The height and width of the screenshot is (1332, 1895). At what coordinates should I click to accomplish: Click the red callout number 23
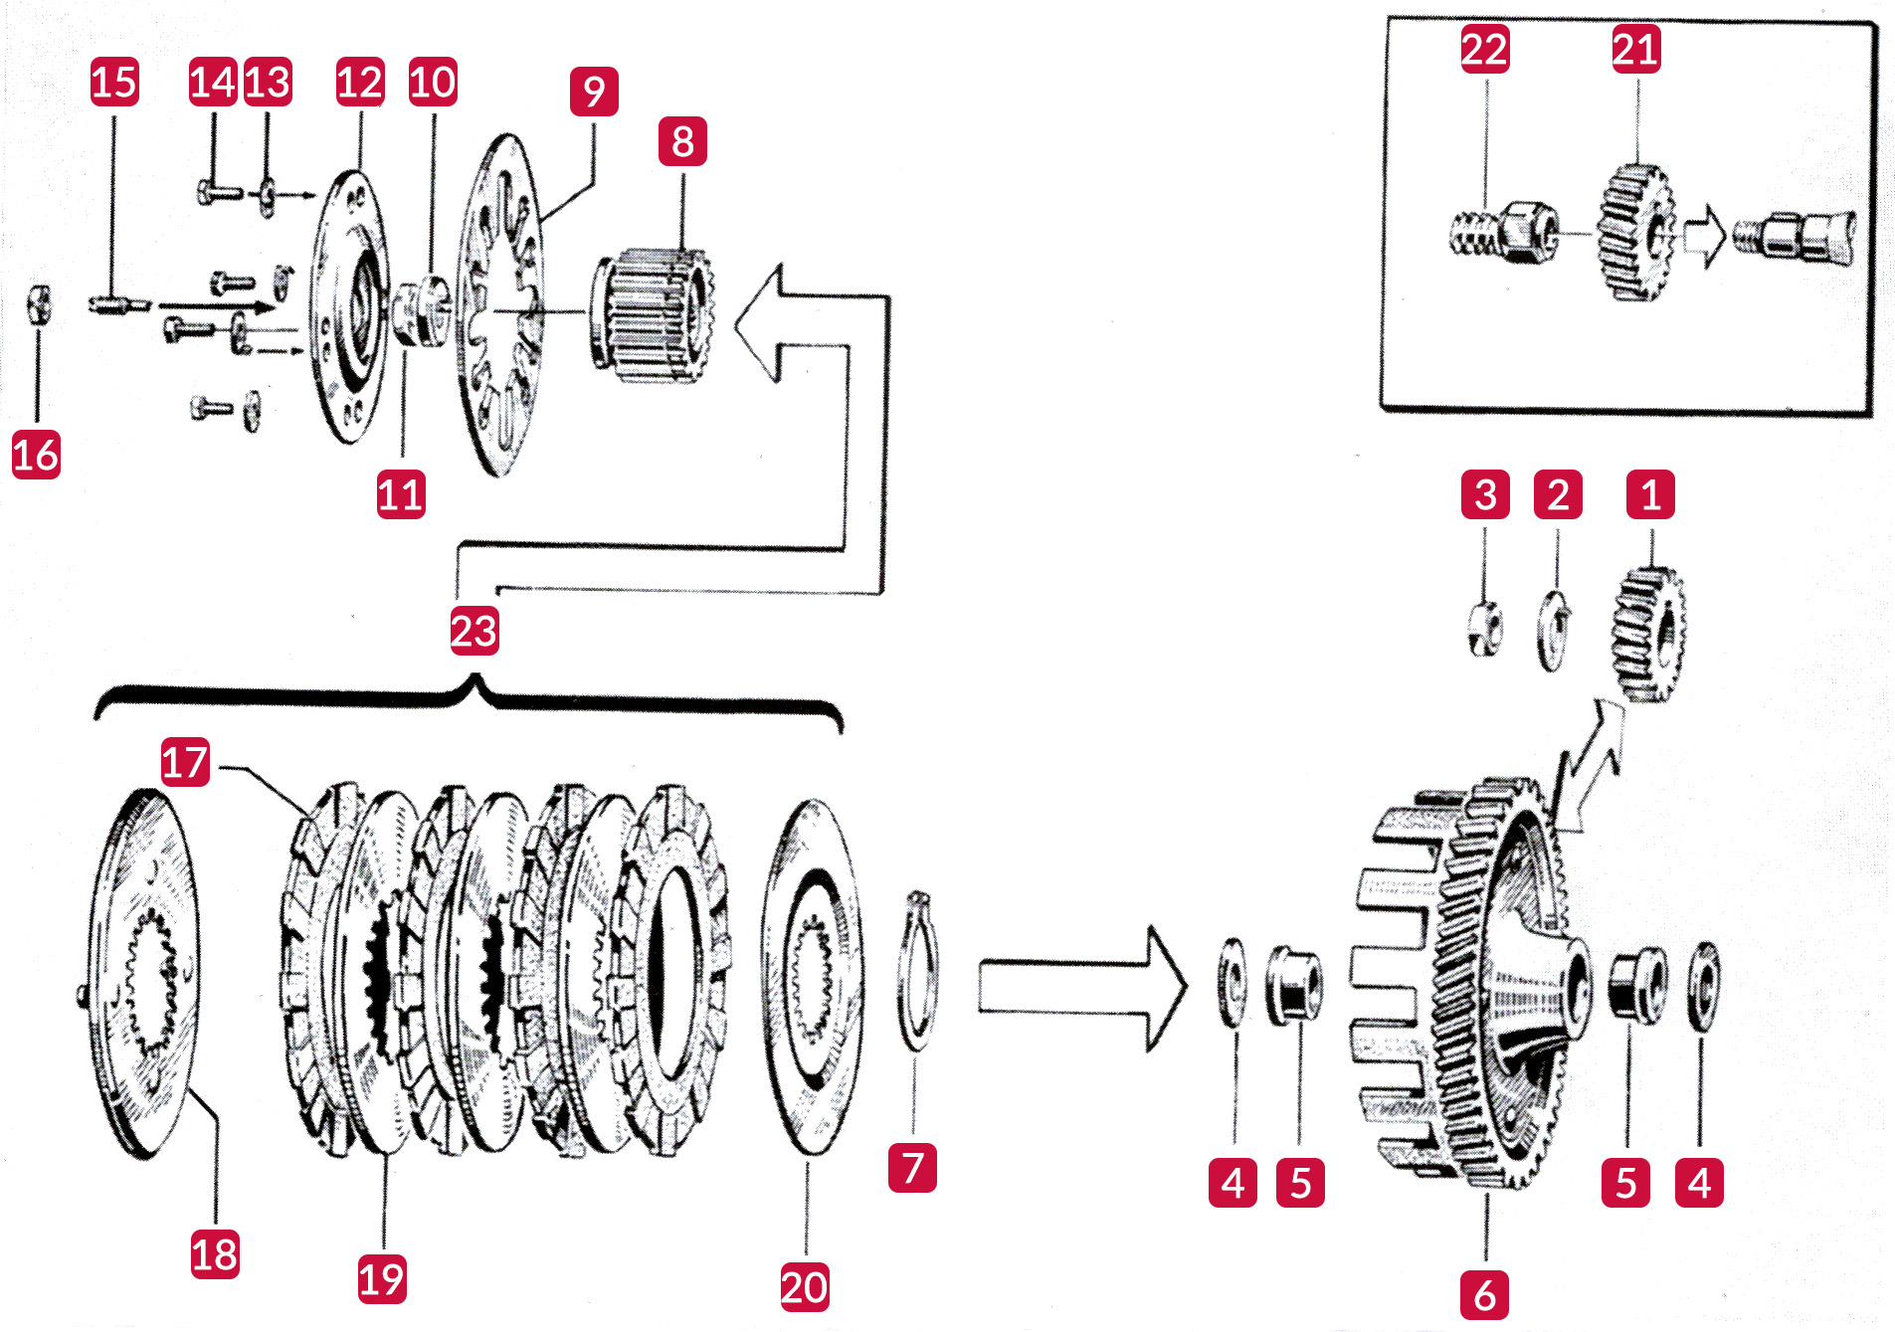point(474,631)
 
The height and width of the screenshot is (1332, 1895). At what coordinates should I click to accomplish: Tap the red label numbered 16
point(36,455)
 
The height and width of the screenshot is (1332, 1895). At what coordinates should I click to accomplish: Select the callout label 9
point(594,92)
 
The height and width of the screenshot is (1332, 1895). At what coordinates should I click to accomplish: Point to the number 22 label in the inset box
point(1484,49)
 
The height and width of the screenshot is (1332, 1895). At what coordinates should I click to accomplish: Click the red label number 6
point(1484,1295)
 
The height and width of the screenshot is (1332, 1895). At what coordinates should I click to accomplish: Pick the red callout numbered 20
point(804,1287)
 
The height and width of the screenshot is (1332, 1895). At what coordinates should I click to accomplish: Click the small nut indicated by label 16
point(37,304)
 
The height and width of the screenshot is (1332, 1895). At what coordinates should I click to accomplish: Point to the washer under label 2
point(1553,631)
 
